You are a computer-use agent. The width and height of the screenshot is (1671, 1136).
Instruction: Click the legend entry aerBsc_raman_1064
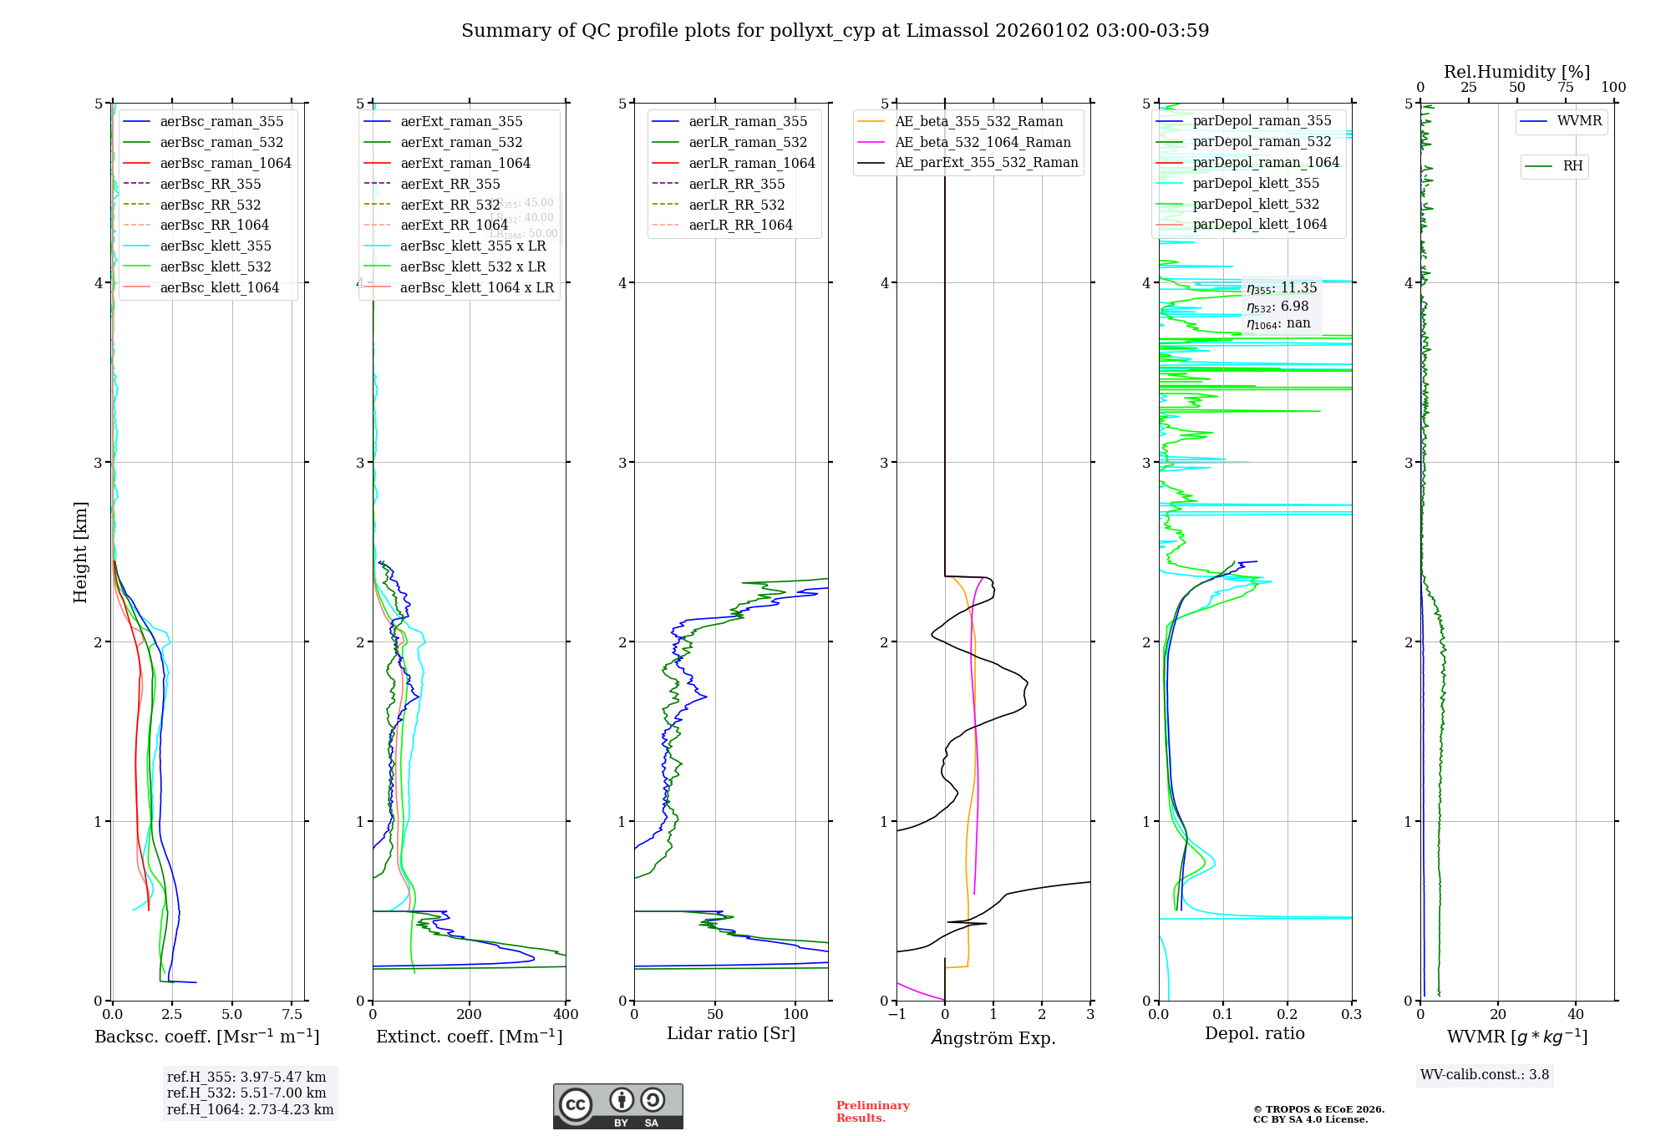226,163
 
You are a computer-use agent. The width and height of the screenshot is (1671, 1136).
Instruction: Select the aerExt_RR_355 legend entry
449,184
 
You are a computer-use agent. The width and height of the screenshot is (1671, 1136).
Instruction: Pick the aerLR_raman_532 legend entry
748,143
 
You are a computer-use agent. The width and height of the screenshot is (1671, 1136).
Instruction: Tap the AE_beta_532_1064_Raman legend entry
983,143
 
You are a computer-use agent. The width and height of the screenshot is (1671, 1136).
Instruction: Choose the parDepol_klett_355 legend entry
1256,184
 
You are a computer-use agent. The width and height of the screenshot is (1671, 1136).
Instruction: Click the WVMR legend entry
1579,121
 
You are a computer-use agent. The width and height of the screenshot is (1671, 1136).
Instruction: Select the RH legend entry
1572,166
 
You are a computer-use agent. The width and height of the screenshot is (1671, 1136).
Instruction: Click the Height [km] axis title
80,552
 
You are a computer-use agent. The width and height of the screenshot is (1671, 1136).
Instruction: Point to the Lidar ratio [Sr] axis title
731,1033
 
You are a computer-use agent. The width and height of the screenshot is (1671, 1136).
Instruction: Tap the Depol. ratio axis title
1254,1033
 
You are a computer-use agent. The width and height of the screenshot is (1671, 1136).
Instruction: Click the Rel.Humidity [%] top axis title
1516,72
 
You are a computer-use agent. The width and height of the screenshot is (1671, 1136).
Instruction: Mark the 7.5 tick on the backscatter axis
292,1015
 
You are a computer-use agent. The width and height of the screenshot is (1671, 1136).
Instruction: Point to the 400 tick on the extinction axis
566,1015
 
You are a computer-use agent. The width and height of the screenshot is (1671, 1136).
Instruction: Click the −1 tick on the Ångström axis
896,1015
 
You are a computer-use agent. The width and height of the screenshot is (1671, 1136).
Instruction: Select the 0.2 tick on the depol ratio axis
1288,1015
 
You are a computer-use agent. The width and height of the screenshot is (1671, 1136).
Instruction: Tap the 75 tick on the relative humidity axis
1566,88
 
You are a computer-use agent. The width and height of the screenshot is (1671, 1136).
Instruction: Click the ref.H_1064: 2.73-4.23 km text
250,1110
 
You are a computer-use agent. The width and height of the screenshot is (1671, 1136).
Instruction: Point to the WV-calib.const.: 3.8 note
1485,1075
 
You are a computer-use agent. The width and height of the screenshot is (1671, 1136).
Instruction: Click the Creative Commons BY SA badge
617,1107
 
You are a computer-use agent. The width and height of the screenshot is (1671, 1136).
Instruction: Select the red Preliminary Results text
872,1112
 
